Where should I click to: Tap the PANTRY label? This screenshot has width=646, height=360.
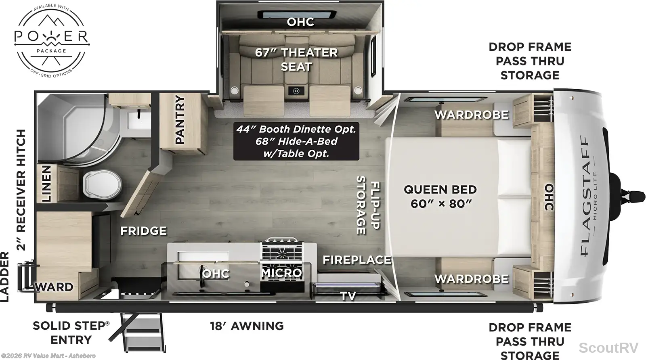coord(180,119)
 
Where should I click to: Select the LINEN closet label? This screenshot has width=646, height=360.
coord(46,184)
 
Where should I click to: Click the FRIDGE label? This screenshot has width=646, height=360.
coord(143,231)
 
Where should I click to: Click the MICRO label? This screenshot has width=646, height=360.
coord(281,273)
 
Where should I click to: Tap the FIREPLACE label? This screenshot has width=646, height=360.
coord(357,260)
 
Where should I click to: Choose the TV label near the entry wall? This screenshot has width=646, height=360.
coord(348,296)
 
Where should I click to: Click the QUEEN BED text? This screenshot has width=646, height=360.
coord(440,190)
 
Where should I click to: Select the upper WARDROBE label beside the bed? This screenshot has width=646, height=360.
coord(472,115)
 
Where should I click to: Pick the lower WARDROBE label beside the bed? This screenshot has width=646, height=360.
coord(472,279)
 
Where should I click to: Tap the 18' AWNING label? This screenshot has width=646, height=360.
coord(247,326)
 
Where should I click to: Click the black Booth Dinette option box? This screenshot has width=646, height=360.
coord(296,141)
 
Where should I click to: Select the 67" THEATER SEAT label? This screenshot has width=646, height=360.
coord(296,59)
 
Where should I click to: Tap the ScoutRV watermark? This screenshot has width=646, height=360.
coord(608,347)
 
